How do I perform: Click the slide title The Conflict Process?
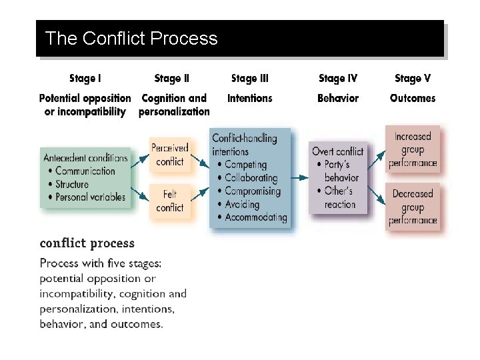(131, 38)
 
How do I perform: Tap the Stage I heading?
(85, 79)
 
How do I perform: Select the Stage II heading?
(171, 79)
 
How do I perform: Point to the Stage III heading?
(250, 79)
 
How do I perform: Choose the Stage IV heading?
(338, 79)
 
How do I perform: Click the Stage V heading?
(413, 79)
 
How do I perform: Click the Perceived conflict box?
(170, 155)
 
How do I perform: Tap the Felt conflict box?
(170, 201)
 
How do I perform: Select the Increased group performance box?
(413, 149)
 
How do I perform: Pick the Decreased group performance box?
(413, 207)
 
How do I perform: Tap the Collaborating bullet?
(251, 178)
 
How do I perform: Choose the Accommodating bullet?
(255, 217)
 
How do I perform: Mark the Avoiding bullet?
(241, 205)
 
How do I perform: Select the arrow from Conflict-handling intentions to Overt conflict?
(301, 178)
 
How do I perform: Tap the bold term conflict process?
(87, 243)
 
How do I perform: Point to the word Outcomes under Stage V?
(413, 98)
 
